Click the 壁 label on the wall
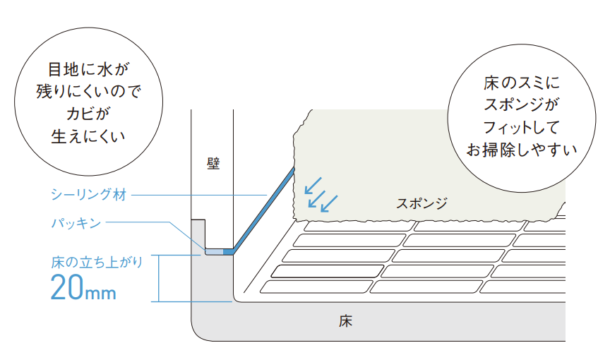tap(213, 164)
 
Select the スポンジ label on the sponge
tap(421, 203)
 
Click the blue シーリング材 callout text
tap(88, 195)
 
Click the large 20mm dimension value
tap(83, 288)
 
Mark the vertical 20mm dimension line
tap(159, 278)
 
